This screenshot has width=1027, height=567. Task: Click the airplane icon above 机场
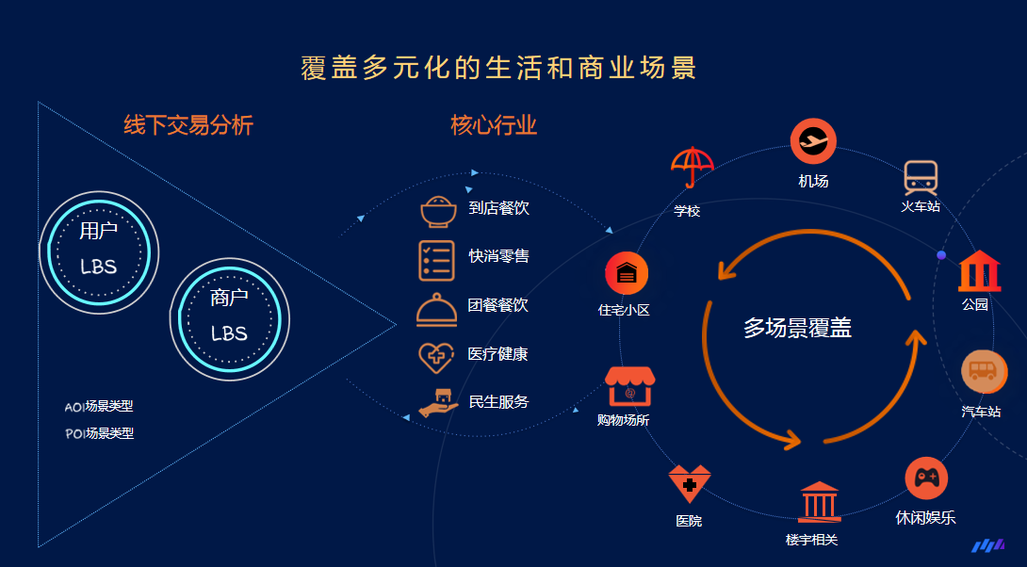(x=813, y=140)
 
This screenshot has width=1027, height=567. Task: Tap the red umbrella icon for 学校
(x=692, y=167)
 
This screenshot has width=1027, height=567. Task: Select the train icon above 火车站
(x=921, y=177)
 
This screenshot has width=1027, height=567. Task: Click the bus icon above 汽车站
(x=984, y=372)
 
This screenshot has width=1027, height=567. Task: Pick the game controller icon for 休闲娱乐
(x=926, y=478)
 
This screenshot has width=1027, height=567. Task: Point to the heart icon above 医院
(x=689, y=484)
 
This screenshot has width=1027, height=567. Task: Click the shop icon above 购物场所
(x=629, y=386)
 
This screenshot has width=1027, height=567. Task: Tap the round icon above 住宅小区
(x=627, y=273)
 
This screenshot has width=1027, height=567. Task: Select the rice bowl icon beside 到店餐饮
(x=438, y=212)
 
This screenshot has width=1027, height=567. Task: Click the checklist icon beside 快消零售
(x=436, y=261)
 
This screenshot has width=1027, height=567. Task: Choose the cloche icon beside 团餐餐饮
(x=436, y=310)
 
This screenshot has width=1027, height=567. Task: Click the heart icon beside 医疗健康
(x=436, y=358)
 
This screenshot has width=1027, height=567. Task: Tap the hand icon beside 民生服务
(x=438, y=403)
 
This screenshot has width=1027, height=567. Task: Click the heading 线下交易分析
(x=188, y=124)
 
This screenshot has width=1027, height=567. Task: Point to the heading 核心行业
(x=494, y=124)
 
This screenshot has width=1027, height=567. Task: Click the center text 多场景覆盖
(x=797, y=328)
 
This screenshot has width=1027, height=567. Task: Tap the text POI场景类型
(x=100, y=433)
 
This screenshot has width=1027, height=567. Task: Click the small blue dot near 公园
(x=941, y=254)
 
